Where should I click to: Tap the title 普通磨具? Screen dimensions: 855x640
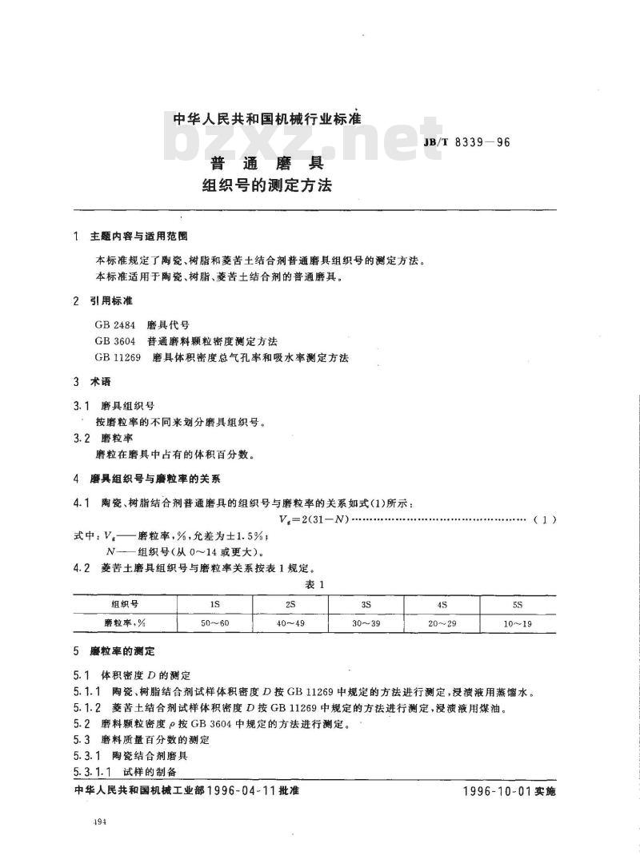tap(266, 164)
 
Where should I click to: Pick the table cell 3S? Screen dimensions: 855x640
tap(366, 603)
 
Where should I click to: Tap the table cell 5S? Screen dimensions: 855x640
tap(518, 603)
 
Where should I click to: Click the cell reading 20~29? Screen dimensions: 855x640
tap(442, 622)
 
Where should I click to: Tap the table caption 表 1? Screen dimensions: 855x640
tap(319, 584)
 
